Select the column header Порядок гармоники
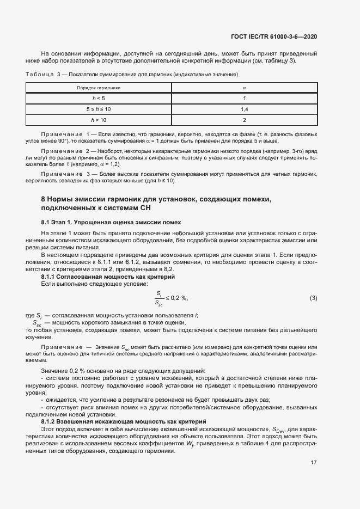point(99,87)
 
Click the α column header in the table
point(245,87)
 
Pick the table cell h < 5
point(99,98)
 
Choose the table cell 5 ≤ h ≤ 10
point(99,109)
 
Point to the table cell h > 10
point(99,120)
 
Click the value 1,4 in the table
point(245,109)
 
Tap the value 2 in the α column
point(245,120)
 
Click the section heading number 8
point(44,200)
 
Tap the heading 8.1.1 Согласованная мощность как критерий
point(108,277)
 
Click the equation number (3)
point(313,298)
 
